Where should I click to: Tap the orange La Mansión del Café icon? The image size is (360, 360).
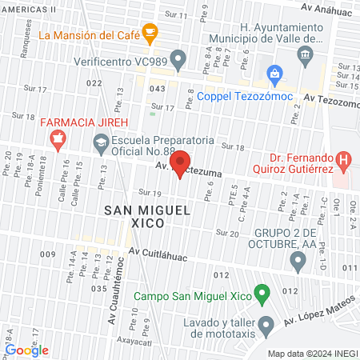(x=150, y=32)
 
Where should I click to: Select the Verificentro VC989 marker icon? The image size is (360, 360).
(x=179, y=59)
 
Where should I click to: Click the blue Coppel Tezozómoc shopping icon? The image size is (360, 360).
(x=274, y=76)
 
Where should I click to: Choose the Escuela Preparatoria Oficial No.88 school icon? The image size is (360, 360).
(x=101, y=144)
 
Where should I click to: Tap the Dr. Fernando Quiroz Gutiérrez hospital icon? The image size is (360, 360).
(x=344, y=160)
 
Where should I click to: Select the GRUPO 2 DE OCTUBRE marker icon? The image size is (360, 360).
(x=298, y=260)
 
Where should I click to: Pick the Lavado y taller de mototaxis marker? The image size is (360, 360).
(x=268, y=324)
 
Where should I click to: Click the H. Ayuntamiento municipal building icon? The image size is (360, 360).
(x=304, y=54)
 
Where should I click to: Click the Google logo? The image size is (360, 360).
(x=26, y=350)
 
